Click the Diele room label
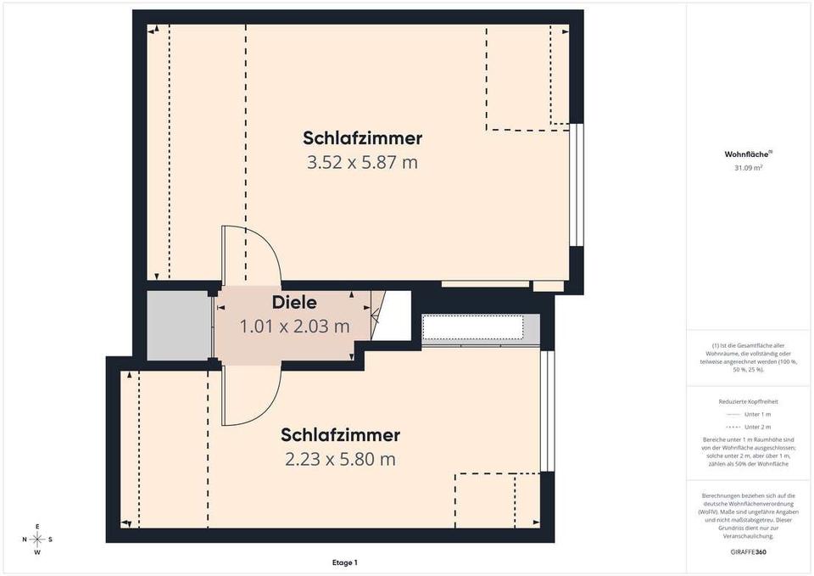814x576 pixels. pyautogui.click(x=294, y=302)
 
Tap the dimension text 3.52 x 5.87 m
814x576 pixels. pyautogui.click(x=362, y=163)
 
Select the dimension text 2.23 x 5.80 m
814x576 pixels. pyautogui.click(x=340, y=459)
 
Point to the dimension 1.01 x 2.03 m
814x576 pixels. pyautogui.click(x=294, y=327)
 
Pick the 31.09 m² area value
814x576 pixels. pyautogui.click(x=748, y=168)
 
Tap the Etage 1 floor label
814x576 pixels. pyautogui.click(x=345, y=562)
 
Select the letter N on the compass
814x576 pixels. pyautogui.click(x=25, y=540)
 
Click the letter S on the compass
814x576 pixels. pyautogui.click(x=50, y=540)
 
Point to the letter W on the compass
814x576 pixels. pyautogui.click(x=37, y=552)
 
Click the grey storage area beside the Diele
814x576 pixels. pyautogui.click(x=179, y=325)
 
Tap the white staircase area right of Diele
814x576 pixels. pyautogui.click(x=393, y=316)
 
